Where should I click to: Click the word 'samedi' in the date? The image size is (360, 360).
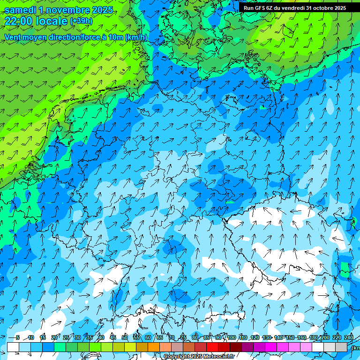click(x=23, y=10)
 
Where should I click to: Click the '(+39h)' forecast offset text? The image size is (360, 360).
click(x=81, y=21)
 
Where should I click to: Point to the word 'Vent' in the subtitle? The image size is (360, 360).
click(x=14, y=37)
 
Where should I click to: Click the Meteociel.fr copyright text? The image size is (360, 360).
click(x=199, y=356)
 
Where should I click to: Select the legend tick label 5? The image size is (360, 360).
click(x=18, y=337)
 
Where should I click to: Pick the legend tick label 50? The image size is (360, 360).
click(x=124, y=337)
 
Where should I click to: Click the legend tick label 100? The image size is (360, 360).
click(x=231, y=337)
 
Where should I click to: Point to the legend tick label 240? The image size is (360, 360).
click(x=349, y=337)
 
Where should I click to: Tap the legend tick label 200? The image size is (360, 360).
click(x=324, y=337)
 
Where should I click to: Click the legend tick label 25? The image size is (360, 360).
click(x=66, y=337)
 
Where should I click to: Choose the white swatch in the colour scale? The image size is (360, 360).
click(x=13, y=347)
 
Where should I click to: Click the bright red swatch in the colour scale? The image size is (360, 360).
click(x=212, y=347)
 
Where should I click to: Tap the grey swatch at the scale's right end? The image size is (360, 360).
click(x=341, y=347)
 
